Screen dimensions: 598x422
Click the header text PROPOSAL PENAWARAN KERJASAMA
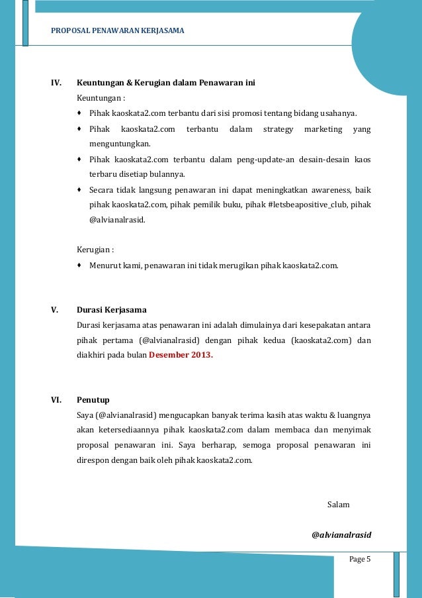pos(118,31)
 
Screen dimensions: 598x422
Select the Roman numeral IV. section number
pos(57,83)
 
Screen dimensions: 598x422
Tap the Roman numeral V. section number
pos(55,310)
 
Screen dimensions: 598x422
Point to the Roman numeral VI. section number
pos(56,400)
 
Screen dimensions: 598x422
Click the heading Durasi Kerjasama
pos(112,310)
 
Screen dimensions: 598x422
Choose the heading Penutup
pos(93,400)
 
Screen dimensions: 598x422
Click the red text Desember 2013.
pos(181,354)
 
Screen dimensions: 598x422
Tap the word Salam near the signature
pos(338,505)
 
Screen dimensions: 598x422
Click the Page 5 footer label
pos(360,560)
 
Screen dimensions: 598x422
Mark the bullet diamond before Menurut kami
pos(79,265)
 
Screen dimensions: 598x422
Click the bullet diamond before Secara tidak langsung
pos(79,189)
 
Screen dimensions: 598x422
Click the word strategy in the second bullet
pos(278,128)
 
